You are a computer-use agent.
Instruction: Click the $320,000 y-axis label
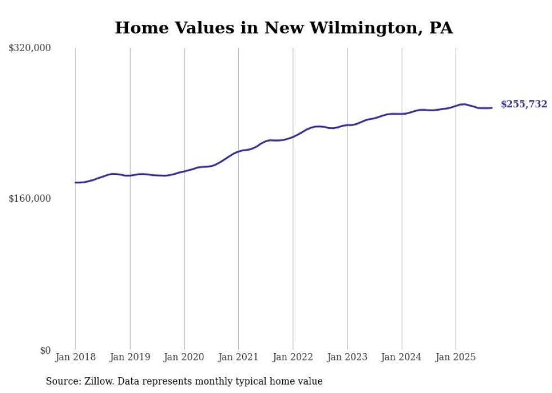pos(30,48)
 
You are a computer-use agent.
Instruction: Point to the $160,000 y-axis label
pos(30,198)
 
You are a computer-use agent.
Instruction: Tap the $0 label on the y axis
pos(45,350)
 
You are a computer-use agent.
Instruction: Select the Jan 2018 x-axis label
pos(75,357)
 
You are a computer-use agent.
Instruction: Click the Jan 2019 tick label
pos(130,357)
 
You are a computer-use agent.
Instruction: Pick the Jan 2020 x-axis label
pos(184,357)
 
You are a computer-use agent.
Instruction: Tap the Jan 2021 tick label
pos(238,357)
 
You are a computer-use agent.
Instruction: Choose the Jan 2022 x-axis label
pos(293,357)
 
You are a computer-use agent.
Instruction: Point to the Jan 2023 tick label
pos(347,357)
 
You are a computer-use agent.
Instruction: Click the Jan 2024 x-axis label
pos(402,357)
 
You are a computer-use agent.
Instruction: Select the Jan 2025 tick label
pos(456,357)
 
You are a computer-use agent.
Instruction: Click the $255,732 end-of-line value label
pos(523,104)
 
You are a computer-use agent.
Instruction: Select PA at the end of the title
pos(441,28)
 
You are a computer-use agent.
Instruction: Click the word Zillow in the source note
pos(99,381)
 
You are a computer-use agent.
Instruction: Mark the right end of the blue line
pos(492,107)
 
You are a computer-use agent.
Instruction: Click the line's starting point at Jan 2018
pos(75,182)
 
